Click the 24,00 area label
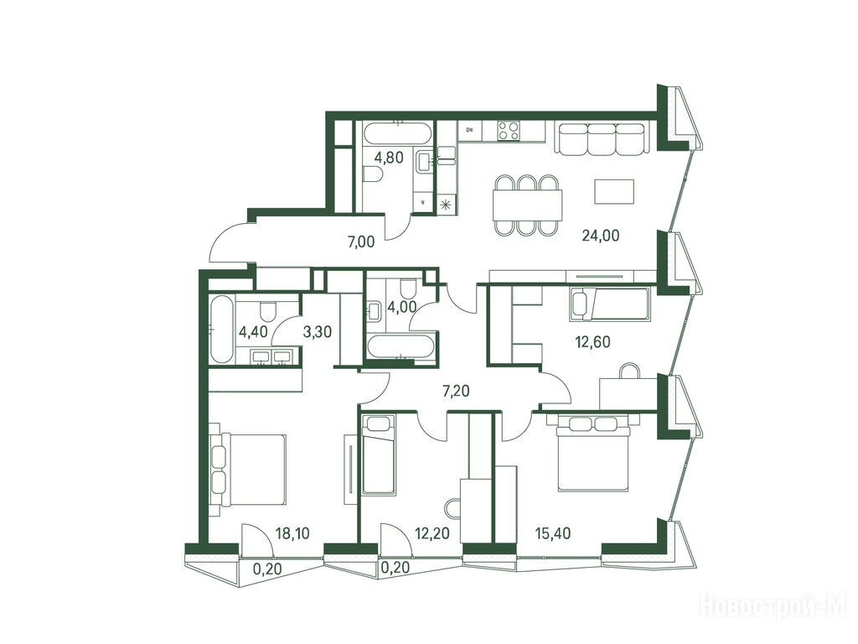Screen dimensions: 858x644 (x=601, y=236)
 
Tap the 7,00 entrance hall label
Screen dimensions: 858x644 (x=361, y=241)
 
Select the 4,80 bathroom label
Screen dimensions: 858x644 (x=389, y=158)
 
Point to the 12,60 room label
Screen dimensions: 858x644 (x=592, y=342)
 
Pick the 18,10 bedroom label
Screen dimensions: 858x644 (x=292, y=533)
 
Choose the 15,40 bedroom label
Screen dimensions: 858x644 (x=553, y=532)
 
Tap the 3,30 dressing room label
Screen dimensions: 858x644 (x=318, y=332)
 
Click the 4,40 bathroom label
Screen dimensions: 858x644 (x=253, y=332)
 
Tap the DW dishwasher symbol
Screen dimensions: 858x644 (x=469, y=130)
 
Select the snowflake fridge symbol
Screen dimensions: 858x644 (x=446, y=205)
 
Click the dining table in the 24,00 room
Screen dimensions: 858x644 (x=527, y=205)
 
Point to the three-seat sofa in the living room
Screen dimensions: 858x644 (x=602, y=138)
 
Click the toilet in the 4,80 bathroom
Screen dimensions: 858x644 (x=373, y=174)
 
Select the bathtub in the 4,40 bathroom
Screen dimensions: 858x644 (x=221, y=329)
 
